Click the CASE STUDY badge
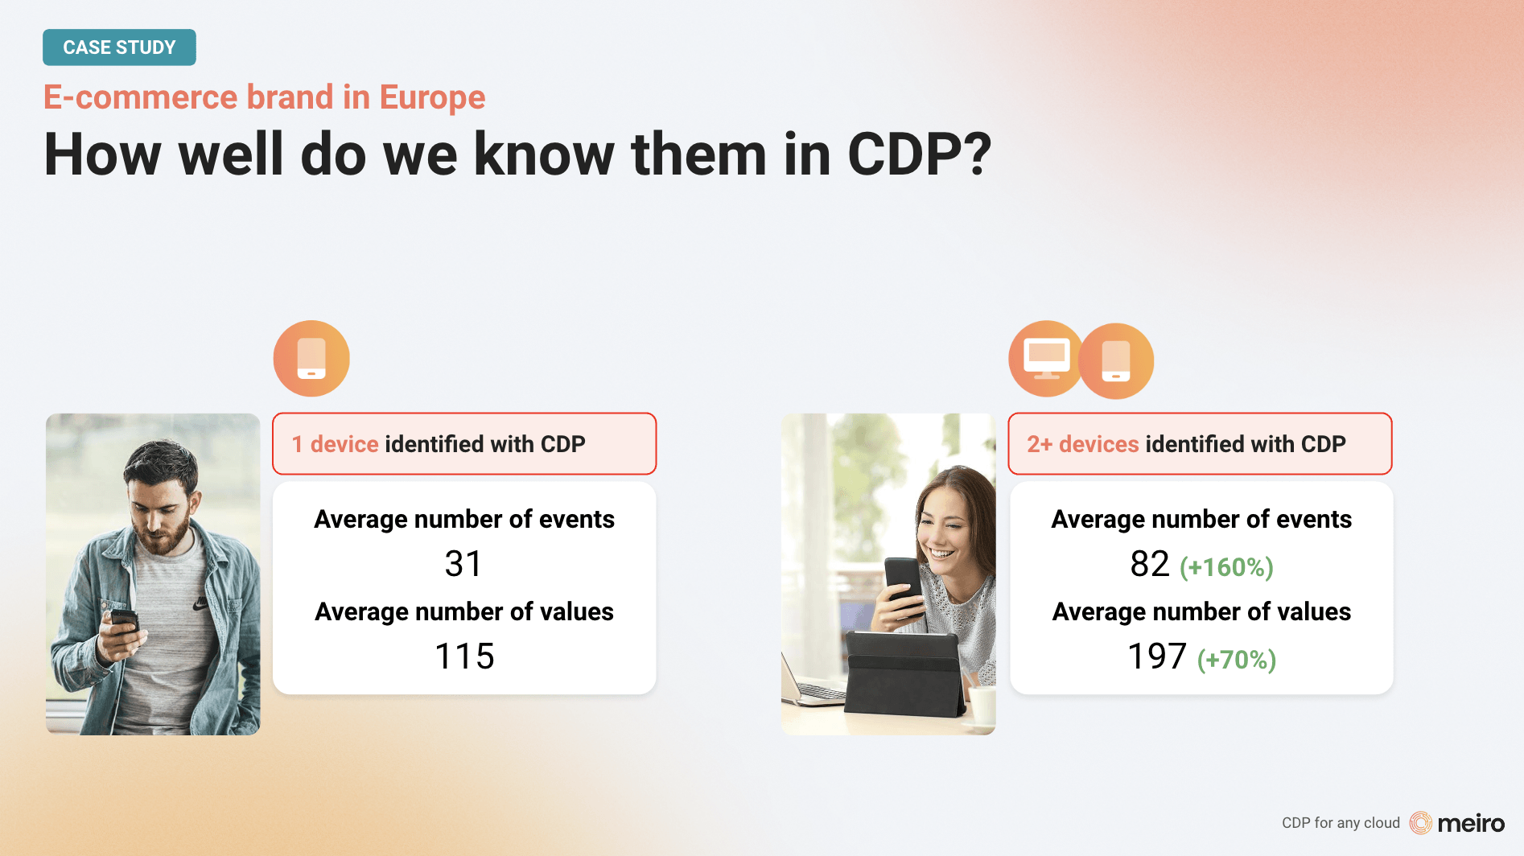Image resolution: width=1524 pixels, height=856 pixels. [x=119, y=47]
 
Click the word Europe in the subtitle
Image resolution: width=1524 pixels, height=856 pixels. [x=432, y=97]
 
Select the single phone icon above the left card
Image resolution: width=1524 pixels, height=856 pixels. [x=311, y=359]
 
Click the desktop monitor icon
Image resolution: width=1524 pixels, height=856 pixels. [x=1046, y=359]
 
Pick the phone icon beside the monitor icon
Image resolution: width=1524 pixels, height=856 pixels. [x=1116, y=361]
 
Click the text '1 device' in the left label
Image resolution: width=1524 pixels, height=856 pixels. [x=335, y=444]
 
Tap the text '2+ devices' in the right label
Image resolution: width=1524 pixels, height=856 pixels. [x=1083, y=444]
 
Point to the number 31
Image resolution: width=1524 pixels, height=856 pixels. [x=463, y=564]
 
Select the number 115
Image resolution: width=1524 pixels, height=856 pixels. [x=464, y=656]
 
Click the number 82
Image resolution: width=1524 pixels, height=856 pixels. [x=1150, y=564]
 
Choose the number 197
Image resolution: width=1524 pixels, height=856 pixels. [x=1157, y=656]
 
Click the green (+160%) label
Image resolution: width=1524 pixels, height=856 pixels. [x=1226, y=567]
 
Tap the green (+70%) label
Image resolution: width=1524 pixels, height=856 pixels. [x=1237, y=660]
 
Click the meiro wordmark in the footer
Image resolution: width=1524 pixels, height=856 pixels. [x=1471, y=823]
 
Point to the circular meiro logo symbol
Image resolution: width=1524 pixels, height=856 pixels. [x=1421, y=823]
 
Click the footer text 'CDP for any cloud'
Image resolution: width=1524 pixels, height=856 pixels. [x=1341, y=823]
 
